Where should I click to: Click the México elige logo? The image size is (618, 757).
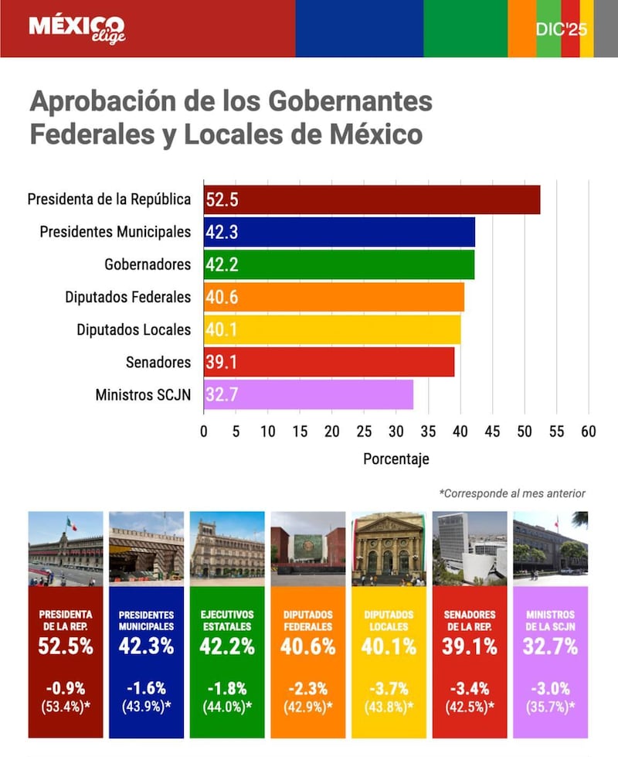tap(76, 29)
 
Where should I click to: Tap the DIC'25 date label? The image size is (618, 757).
tap(562, 29)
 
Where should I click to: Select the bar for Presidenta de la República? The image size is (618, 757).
tap(372, 199)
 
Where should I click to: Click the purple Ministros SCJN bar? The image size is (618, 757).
tap(308, 394)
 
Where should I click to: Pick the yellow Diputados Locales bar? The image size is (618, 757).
tap(332, 329)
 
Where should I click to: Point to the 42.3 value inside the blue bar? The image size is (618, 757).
tap(222, 232)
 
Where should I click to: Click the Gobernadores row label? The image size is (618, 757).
tap(147, 264)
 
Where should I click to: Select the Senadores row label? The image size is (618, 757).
tap(158, 362)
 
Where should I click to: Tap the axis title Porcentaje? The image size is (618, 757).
tap(396, 459)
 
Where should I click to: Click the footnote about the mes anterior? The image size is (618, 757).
tap(512, 493)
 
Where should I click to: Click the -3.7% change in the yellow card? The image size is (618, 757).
tap(388, 687)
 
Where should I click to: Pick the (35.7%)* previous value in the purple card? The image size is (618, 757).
tap(550, 705)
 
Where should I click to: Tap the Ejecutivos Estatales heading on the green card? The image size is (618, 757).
tap(227, 620)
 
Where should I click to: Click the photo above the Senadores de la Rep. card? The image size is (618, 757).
tap(470, 548)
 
